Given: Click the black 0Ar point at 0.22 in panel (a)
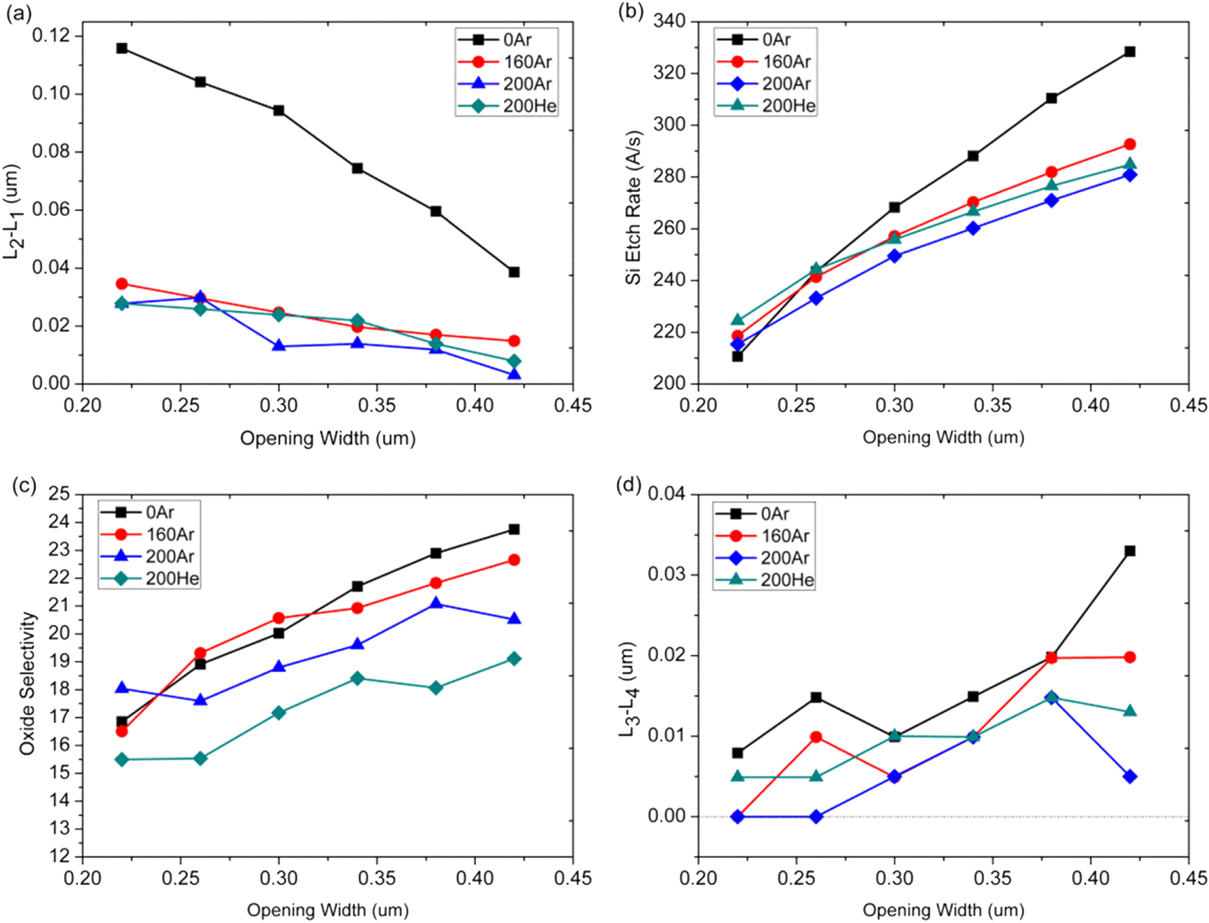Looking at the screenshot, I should (122, 49).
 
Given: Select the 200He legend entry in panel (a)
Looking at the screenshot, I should (507, 106).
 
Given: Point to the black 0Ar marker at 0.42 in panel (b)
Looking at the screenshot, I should (1130, 52).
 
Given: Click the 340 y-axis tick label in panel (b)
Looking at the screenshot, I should (669, 21).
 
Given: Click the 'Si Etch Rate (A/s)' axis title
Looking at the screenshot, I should (633, 207).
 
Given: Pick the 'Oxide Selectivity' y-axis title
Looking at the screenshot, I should (27, 683).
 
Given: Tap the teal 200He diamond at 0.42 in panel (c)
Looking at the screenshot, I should (514, 659).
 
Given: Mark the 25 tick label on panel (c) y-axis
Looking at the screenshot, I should (60, 494).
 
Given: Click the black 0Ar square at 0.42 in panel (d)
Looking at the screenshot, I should (1130, 551).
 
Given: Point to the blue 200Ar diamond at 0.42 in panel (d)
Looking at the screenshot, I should (1130, 777).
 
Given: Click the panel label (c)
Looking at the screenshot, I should (24, 486).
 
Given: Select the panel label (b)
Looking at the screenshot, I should (630, 13).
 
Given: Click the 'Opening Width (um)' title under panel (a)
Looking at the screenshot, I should (328, 439).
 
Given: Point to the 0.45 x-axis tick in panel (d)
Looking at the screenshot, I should (1189, 879).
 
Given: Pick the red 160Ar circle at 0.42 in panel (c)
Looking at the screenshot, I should (514, 560).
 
